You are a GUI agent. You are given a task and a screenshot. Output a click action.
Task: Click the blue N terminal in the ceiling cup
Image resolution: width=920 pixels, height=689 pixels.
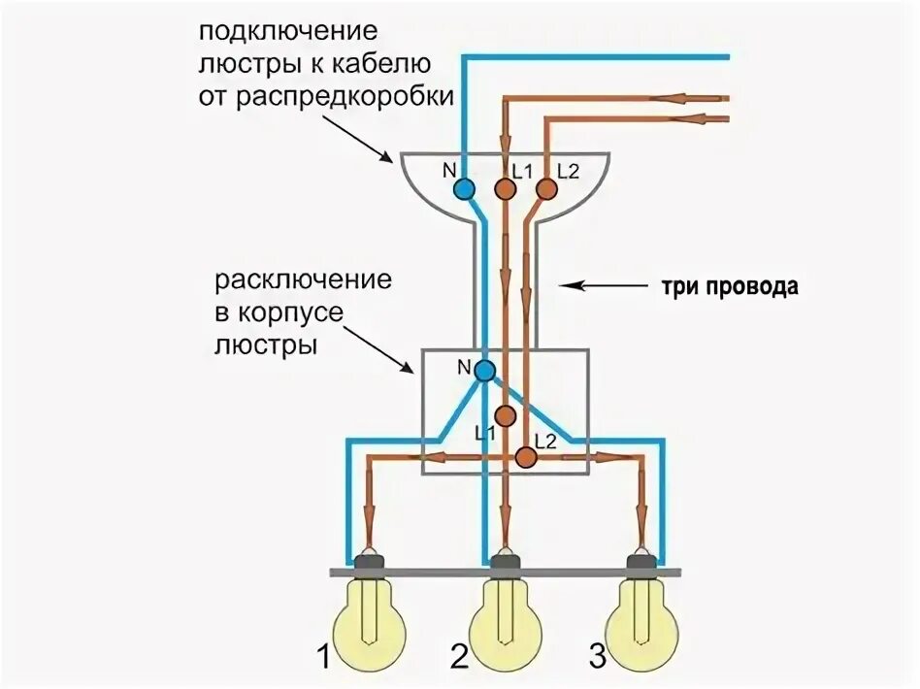[x=466, y=188]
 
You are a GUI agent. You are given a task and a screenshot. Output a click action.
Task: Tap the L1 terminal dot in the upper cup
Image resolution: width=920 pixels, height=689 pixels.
[x=505, y=188]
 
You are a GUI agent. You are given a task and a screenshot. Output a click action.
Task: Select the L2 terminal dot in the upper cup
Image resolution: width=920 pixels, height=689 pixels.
[x=546, y=188]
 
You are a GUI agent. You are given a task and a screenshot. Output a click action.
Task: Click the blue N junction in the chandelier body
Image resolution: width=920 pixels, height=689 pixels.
[x=484, y=369]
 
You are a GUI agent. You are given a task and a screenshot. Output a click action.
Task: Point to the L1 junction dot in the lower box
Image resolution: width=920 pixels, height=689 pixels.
[x=505, y=415]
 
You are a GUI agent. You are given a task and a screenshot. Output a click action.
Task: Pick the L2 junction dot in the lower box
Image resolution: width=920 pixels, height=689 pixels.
[x=526, y=454]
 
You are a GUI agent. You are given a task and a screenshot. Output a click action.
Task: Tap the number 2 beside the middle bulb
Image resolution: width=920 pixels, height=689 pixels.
[x=461, y=659]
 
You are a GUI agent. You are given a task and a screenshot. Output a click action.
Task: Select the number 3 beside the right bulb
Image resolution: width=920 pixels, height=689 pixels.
[x=597, y=659]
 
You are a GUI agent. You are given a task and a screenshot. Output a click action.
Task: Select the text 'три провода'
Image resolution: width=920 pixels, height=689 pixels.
[x=729, y=287]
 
